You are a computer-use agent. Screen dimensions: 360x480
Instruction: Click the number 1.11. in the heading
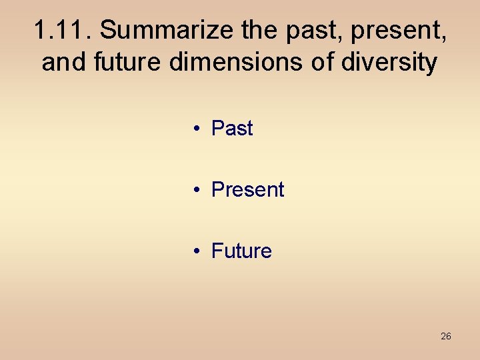click(63, 30)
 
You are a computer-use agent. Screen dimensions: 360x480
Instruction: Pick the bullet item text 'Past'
click(232, 128)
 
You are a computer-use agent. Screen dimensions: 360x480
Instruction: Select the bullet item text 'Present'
click(247, 189)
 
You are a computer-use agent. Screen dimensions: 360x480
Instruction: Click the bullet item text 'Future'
click(241, 251)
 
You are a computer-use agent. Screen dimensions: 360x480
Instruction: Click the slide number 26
click(445, 336)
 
